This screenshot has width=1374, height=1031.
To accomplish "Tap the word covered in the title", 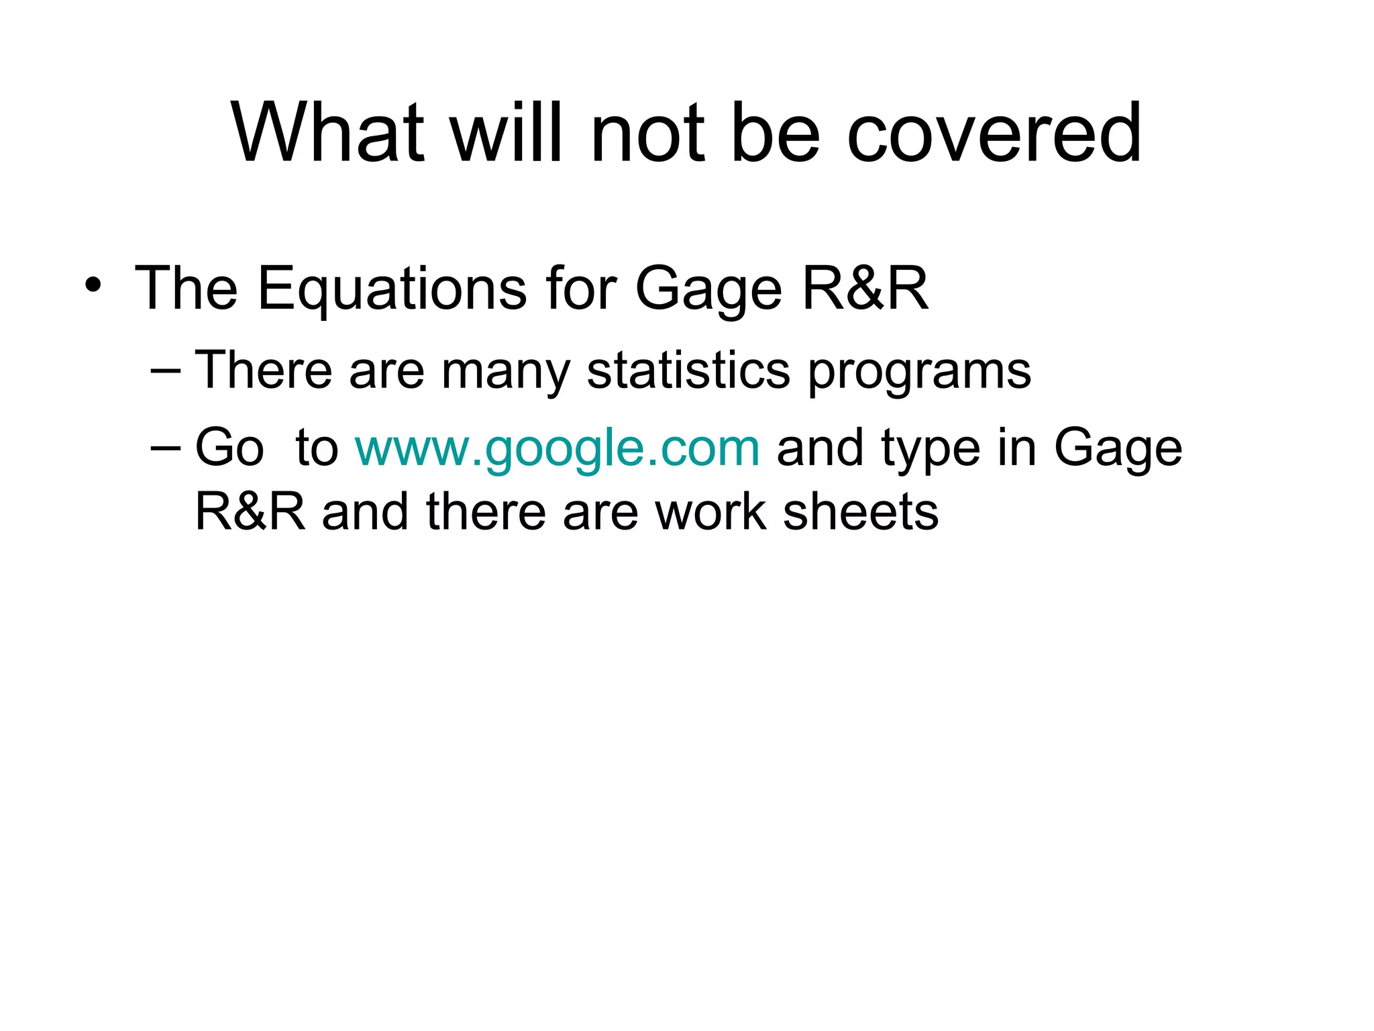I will coord(994,133).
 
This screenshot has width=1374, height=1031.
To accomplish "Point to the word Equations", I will coord(392,289).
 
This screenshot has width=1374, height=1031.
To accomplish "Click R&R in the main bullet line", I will coord(865,289).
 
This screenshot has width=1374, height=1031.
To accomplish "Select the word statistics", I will coord(688,370).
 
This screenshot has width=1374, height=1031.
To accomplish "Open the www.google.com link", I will coord(557,448).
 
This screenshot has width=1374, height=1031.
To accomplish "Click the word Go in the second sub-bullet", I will coord(229,448).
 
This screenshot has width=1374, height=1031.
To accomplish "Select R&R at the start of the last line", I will coord(250,512).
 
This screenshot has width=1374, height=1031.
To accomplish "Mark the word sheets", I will coord(861,512).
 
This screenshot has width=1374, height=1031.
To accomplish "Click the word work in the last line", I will coord(710,512).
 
